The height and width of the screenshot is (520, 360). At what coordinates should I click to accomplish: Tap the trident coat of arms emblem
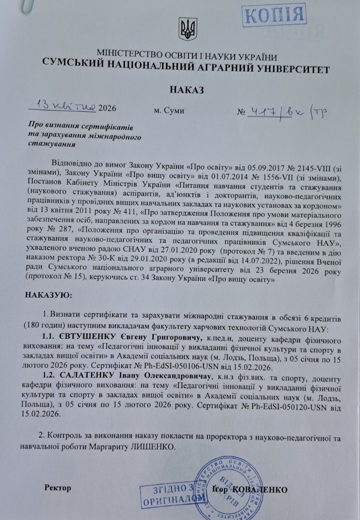(188, 29)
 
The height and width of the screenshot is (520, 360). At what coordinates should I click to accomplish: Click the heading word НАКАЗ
(186, 90)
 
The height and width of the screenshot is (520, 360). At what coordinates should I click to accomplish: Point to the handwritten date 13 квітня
(63, 106)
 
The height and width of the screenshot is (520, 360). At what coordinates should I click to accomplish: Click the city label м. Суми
(169, 110)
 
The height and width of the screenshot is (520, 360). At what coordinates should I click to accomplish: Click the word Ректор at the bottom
(57, 487)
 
